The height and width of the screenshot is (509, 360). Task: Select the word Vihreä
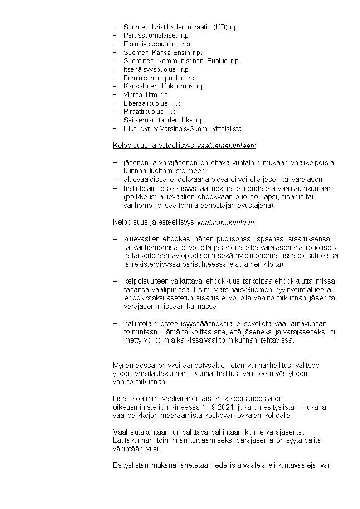tap(133, 95)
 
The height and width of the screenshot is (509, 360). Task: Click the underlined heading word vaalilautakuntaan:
tap(227, 146)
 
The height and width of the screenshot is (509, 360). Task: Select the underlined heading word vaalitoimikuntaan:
tap(226, 222)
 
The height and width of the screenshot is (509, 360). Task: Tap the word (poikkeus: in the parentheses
tap(138, 197)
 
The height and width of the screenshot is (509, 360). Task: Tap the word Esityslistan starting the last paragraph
tap(131, 465)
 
